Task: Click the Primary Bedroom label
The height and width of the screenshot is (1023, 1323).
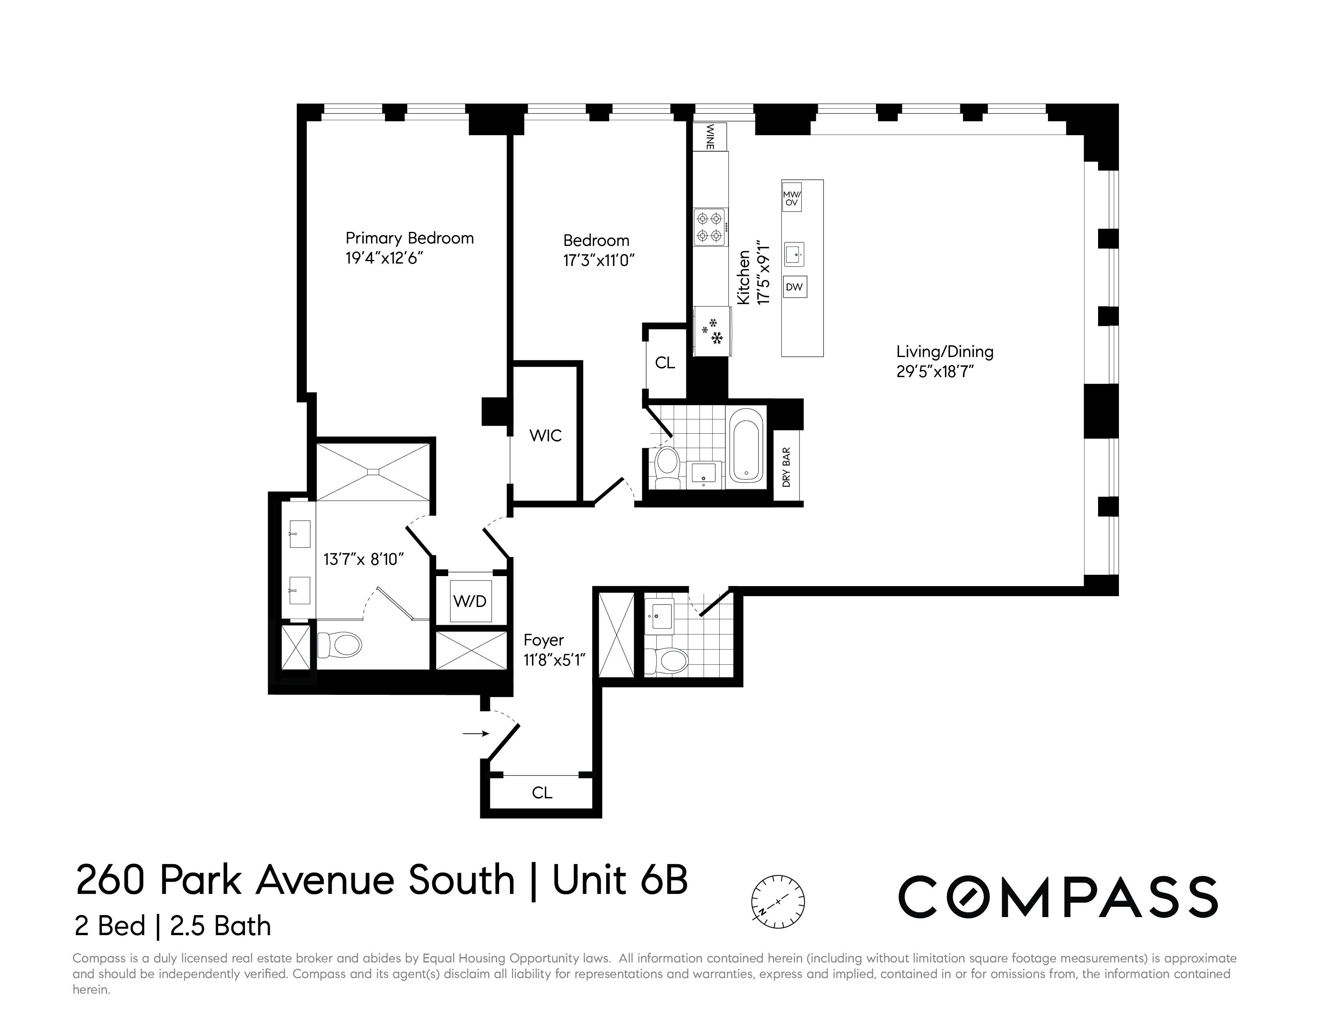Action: pos(409,238)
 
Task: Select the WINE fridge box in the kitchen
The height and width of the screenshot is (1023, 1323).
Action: pos(710,136)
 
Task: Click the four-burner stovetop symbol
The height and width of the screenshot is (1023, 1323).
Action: pos(710,227)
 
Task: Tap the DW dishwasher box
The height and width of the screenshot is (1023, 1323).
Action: pos(794,287)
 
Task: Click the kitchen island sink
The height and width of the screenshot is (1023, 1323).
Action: pos(794,254)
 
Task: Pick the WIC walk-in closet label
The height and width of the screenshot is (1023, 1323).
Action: pos(545,436)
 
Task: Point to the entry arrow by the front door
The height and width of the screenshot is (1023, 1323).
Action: pos(475,733)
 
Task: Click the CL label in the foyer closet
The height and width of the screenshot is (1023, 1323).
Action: pos(542,793)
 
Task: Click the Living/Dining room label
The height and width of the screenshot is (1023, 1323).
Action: pos(945,351)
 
